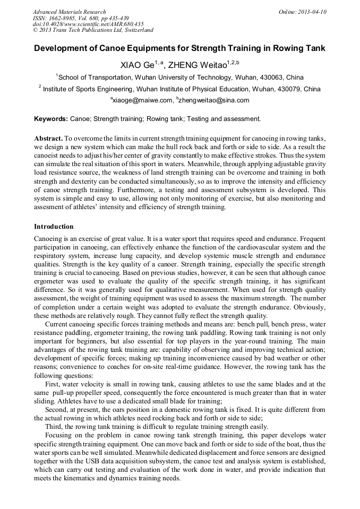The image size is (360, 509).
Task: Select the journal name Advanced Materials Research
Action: pyautogui.click(x=70, y=12)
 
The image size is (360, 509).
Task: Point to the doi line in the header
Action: pyautogui.click(x=88, y=24)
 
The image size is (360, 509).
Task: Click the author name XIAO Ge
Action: pyautogui.click(x=136, y=65)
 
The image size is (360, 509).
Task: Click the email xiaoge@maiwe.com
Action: pyautogui.click(x=142, y=100)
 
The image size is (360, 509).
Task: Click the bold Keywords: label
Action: pyautogui.click(x=51, y=119)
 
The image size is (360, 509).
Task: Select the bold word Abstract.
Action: pyautogui.click(x=48, y=137)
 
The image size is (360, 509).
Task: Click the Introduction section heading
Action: pyautogui.click(x=54, y=227)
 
